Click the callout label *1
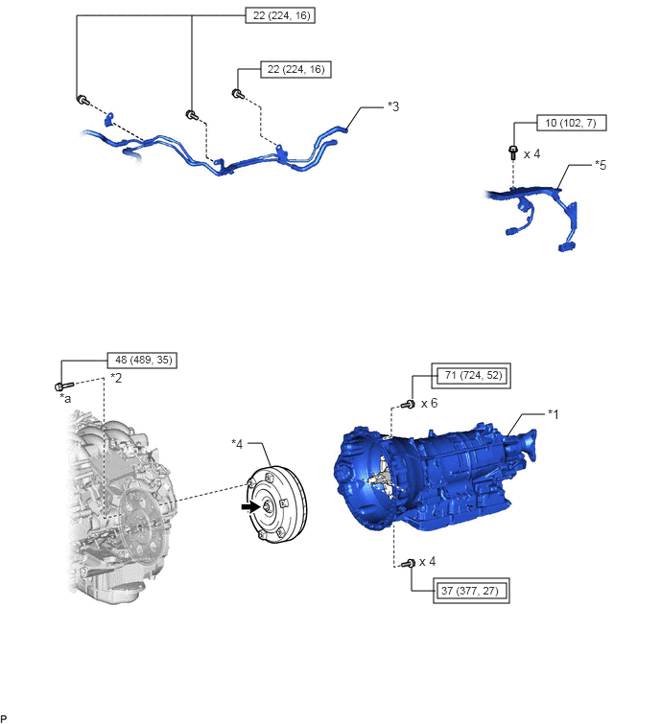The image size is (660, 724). tap(553, 414)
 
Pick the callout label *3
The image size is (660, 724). tap(393, 106)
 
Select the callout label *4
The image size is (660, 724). tap(237, 444)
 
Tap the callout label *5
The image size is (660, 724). tap(601, 165)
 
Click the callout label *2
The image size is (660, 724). tap(116, 378)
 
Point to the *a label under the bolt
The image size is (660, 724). tap(65, 398)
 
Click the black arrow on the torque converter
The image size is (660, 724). tap(250, 506)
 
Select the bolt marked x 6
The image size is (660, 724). tap(409, 405)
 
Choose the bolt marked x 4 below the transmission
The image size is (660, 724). tap(409, 563)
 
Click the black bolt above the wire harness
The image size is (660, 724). tap(513, 152)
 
